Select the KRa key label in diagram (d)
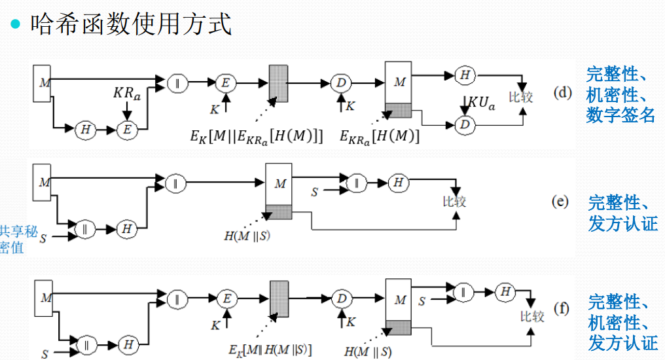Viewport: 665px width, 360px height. (x=126, y=94)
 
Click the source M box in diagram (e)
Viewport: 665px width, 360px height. (x=43, y=183)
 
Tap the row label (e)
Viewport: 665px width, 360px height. (x=560, y=201)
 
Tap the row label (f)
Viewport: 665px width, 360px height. (x=561, y=308)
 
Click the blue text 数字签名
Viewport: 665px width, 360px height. (x=620, y=115)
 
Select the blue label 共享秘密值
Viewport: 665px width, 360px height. (x=12, y=239)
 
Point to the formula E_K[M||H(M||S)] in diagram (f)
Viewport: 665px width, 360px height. (x=270, y=348)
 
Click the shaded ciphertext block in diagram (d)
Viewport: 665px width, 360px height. (x=278, y=82)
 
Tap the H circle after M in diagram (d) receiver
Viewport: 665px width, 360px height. (x=464, y=75)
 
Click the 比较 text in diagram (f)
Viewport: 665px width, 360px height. (x=532, y=317)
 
